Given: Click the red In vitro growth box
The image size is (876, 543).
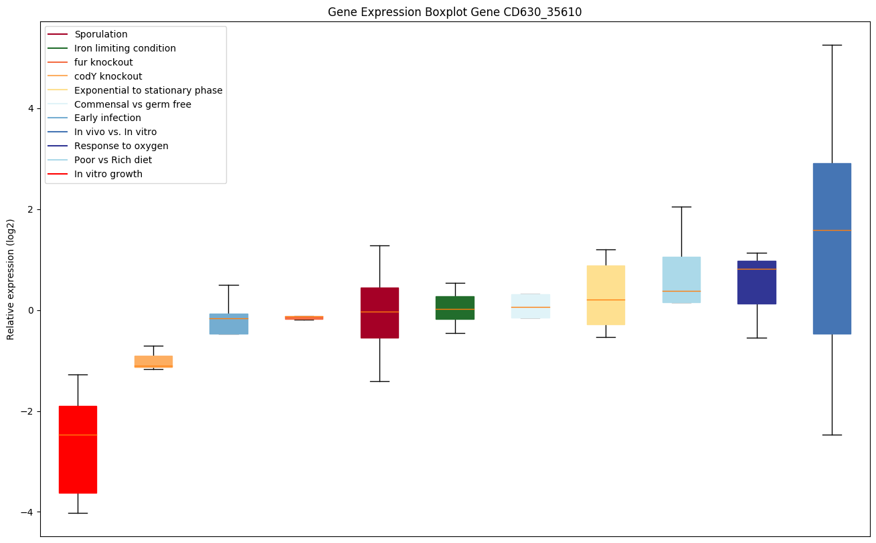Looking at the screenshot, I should (78, 449).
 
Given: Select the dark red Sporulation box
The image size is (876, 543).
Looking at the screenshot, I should (379, 313).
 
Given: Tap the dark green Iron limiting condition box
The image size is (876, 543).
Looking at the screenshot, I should (455, 308).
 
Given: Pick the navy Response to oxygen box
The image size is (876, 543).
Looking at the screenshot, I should (757, 282).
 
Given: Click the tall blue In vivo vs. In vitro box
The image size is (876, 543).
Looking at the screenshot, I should (832, 248).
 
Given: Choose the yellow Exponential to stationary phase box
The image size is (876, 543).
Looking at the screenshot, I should (606, 295).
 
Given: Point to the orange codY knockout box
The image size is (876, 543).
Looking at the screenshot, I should (153, 362).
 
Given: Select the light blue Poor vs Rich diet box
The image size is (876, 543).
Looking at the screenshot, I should (681, 280).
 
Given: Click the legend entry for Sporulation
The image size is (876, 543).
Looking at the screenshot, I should (100, 34).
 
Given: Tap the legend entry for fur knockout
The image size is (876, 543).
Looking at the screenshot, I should (103, 62).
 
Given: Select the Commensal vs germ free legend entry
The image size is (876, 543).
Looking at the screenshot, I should (133, 104).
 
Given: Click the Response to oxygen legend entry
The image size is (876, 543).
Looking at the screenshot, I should (121, 146).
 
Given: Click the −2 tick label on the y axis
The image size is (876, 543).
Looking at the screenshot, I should (28, 411).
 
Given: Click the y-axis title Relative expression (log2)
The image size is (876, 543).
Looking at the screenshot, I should (11, 279).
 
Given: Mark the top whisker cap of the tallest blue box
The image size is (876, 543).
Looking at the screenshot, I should (832, 45).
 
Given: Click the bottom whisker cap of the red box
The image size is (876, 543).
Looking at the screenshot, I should (78, 513).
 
